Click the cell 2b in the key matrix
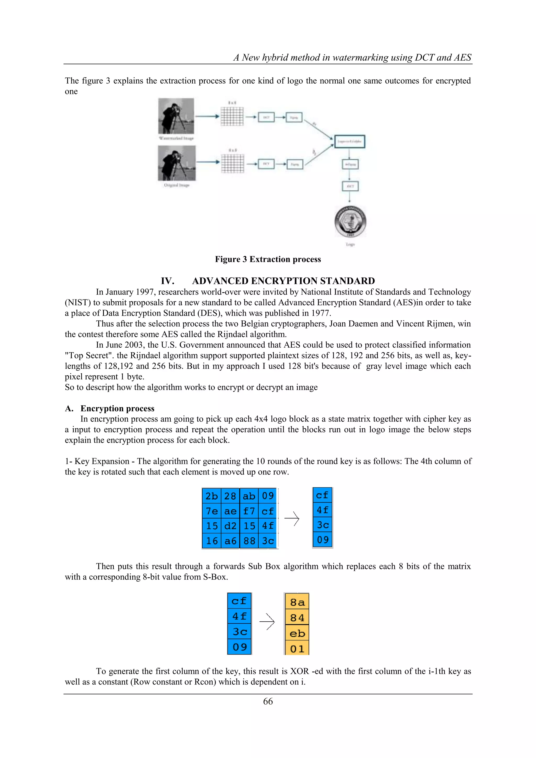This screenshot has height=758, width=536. tap(211, 496)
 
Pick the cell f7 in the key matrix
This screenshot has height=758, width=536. tap(249, 511)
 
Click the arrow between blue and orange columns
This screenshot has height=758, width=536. tap(267, 622)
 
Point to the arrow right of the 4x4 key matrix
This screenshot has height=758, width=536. tap(292, 518)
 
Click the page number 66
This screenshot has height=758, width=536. tap(268, 701)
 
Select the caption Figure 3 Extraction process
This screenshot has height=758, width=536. tap(268, 259)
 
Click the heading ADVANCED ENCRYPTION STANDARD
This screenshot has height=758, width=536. tap(283, 281)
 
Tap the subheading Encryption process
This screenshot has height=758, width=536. tap(117, 408)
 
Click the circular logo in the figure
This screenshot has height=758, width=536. tap(350, 221)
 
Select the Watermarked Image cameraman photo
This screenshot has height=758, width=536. tap(176, 116)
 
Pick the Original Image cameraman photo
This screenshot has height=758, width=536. tap(177, 163)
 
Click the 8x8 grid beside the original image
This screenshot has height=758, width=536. tap(232, 163)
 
